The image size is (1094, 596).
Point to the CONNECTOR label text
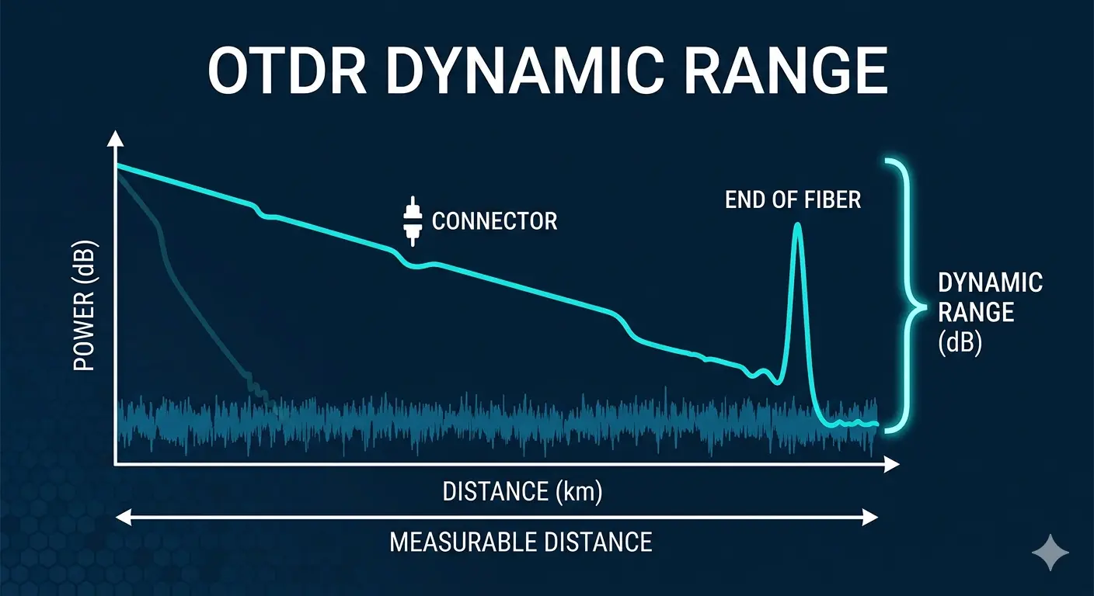[x=494, y=221]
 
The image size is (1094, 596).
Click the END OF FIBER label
[x=793, y=199]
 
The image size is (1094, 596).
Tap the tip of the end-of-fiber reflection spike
[x=796, y=226]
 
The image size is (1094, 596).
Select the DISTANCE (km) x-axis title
[x=522, y=492]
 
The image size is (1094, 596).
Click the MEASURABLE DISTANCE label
[x=521, y=541]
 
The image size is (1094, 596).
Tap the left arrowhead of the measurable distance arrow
[x=120, y=517]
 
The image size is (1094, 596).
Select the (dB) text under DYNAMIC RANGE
[x=960, y=342]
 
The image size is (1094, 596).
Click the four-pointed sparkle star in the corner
[x=1050, y=552]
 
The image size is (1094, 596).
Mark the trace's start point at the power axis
[x=117, y=166]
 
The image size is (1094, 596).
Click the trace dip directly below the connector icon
[x=413, y=265]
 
